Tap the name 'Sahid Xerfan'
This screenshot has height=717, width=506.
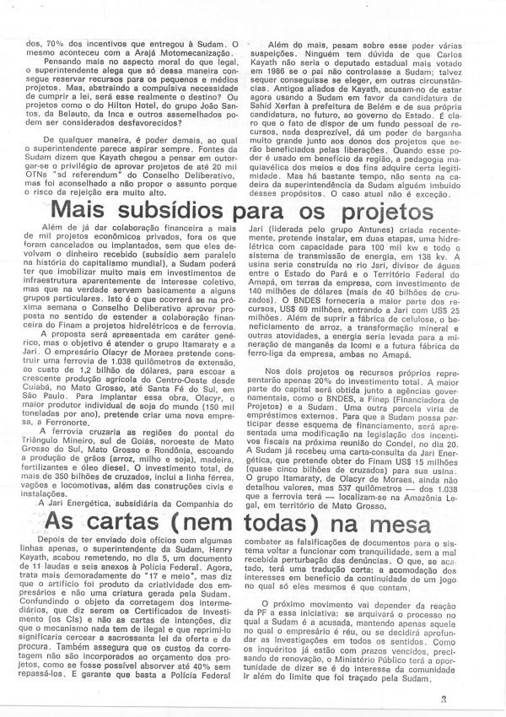tap(292, 108)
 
